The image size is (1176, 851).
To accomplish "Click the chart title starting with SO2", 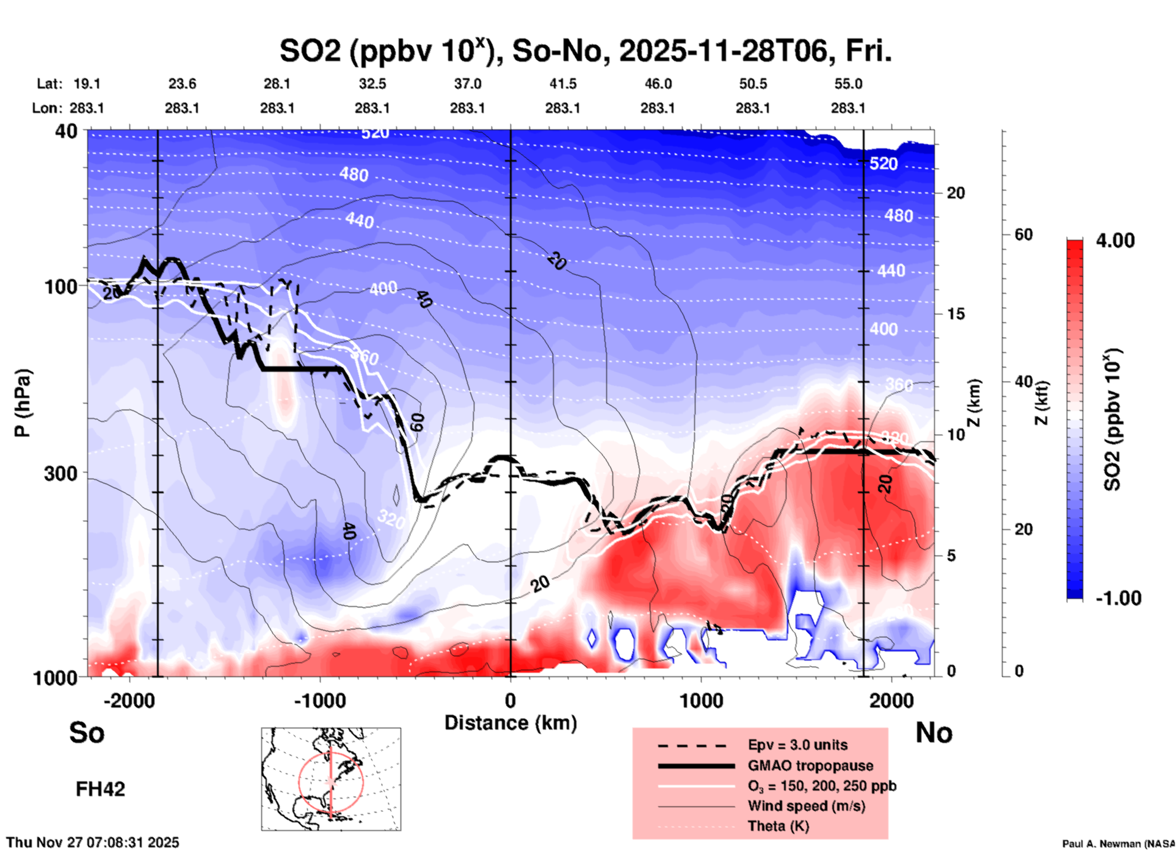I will tap(585, 51).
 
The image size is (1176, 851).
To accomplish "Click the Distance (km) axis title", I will tap(510, 723).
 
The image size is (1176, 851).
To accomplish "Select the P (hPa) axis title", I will tap(23, 403).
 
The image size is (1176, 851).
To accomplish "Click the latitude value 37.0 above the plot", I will tap(467, 84).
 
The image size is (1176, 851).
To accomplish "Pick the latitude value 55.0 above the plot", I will tap(848, 84).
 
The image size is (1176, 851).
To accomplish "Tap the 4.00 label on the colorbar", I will tap(1115, 241).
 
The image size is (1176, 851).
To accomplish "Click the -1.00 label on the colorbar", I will tap(1118, 598).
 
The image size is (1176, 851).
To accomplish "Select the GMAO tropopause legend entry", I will tap(810, 766).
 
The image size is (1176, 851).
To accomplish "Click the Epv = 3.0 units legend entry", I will tap(797, 745).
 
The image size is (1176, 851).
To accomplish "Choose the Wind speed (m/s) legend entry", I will tap(806, 806).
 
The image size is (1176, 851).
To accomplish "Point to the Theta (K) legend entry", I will tap(778, 826).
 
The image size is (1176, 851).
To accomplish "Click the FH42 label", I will tap(100, 789).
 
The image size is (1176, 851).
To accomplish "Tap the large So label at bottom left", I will tap(87, 733).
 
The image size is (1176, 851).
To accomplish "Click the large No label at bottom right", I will tap(934, 733).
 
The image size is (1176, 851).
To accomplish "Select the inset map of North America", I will tap(331, 778).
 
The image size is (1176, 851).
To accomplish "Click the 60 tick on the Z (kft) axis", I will tap(1023, 234).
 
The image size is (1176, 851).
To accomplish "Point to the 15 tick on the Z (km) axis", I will tap(956, 314).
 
